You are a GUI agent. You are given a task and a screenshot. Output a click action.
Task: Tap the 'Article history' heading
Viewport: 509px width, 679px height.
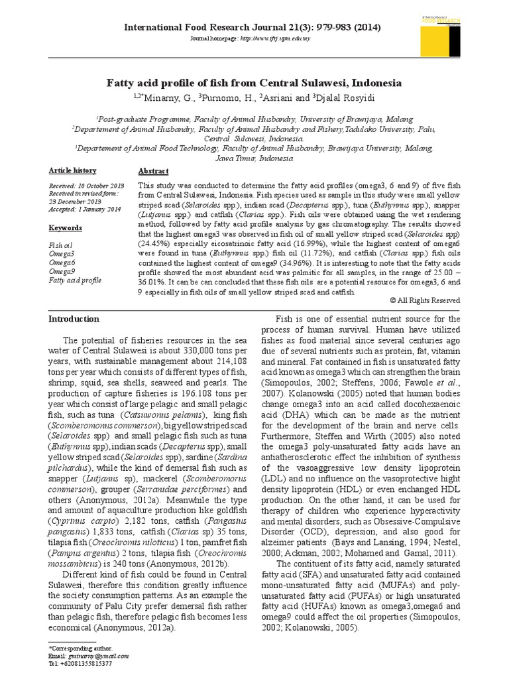click(x=72, y=170)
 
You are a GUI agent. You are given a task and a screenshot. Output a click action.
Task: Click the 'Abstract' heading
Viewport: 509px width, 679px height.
click(x=153, y=170)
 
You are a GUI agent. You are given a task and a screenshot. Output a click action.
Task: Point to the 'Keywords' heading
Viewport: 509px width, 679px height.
click(x=66, y=227)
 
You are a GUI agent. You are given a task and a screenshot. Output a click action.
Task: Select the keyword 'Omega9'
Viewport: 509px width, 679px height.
click(x=62, y=272)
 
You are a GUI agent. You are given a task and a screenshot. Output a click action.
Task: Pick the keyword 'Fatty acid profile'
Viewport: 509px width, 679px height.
click(x=76, y=280)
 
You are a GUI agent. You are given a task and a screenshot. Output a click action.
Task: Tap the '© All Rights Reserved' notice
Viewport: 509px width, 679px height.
click(x=425, y=300)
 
